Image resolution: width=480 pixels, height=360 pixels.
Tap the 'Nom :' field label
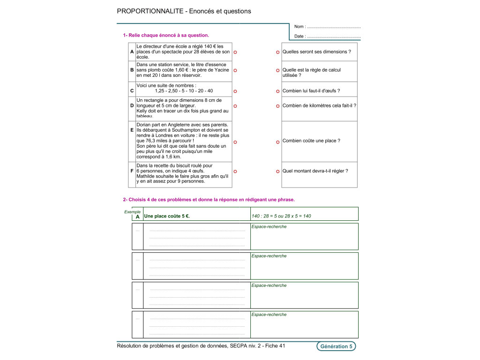point(300,27)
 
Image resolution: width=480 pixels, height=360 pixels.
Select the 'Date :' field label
point(300,36)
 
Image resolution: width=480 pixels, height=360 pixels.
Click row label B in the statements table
point(132,70)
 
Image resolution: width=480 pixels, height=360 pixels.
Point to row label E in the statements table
point(132,141)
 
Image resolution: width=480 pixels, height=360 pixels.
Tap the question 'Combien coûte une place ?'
point(311,141)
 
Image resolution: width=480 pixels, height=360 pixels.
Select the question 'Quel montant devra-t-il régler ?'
point(315,171)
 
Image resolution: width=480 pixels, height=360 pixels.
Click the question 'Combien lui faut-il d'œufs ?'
point(311,91)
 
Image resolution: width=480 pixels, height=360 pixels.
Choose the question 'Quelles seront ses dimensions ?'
point(316,52)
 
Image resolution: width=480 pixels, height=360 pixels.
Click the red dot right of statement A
point(235,52)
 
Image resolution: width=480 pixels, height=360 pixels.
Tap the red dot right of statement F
point(235,172)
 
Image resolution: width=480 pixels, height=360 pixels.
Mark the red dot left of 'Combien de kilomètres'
point(277,106)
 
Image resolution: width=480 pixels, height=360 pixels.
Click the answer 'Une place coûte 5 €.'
point(167,216)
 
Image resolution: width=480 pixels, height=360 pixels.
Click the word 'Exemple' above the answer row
point(132,211)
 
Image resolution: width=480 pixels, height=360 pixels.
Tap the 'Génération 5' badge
point(336,346)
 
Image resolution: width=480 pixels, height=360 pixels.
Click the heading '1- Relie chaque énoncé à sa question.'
point(166,35)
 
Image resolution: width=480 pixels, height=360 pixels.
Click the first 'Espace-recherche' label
point(269,227)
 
